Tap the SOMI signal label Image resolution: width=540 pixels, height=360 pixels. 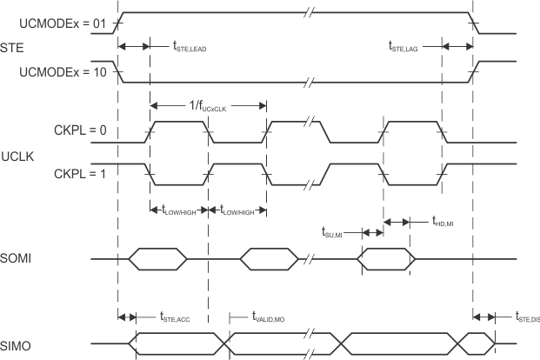(x=15, y=259)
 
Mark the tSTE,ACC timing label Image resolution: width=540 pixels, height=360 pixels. (x=182, y=319)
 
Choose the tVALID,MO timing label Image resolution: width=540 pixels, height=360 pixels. (x=275, y=319)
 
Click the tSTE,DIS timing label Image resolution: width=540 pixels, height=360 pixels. (x=527, y=319)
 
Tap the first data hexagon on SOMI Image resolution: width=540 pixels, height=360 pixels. (x=150, y=258)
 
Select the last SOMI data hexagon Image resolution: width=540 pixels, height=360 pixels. (x=387, y=258)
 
